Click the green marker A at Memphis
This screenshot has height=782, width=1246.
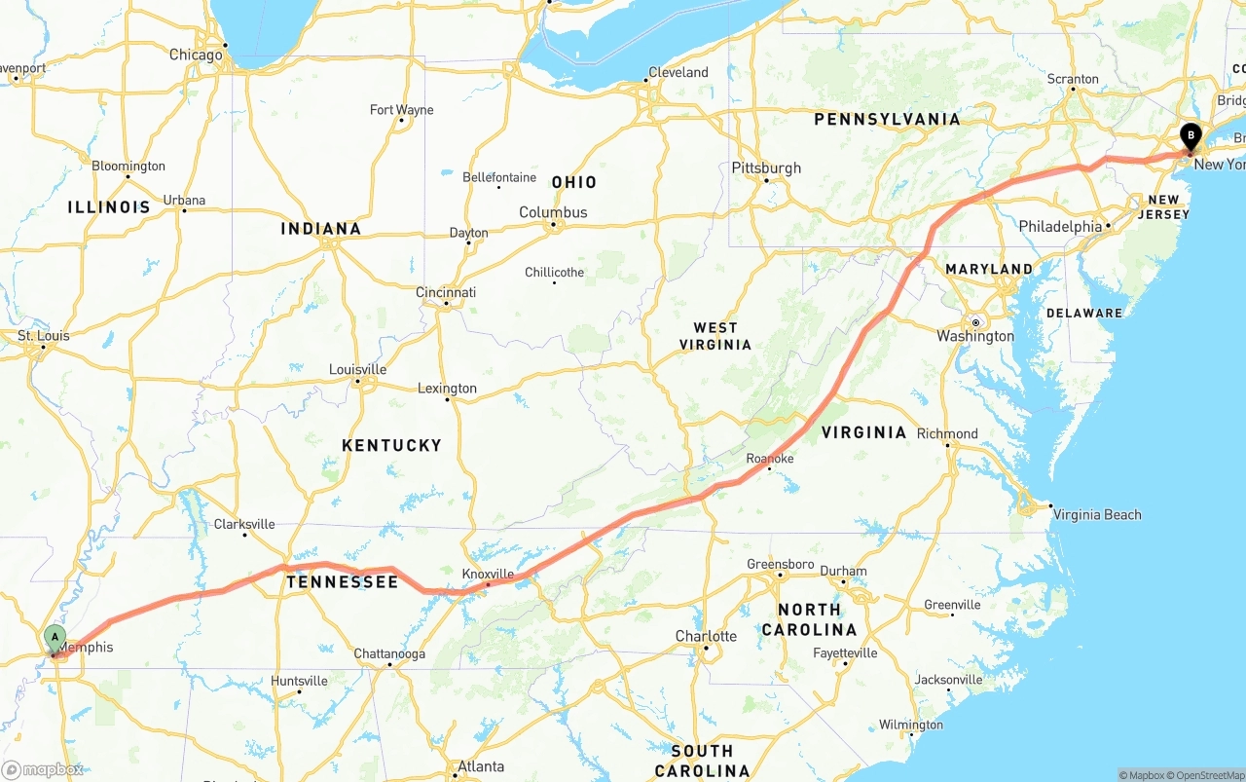click(x=55, y=639)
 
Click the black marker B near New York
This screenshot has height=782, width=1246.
click(x=1190, y=136)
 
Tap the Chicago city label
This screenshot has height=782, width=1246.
click(x=196, y=56)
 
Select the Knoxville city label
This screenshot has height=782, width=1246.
click(x=488, y=574)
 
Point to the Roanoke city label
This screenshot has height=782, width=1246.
click(x=770, y=459)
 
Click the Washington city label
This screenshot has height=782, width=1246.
click(x=975, y=336)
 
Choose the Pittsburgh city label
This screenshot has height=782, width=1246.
click(x=766, y=168)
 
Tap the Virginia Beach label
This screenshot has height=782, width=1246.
click(x=1097, y=514)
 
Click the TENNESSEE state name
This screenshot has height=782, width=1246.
click(x=342, y=582)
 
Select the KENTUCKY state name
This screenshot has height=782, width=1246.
click(x=391, y=445)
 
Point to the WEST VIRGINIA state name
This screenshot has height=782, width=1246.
click(x=715, y=336)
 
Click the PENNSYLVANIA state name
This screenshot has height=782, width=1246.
click(x=887, y=119)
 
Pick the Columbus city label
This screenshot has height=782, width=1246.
click(x=553, y=212)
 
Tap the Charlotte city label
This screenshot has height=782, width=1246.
click(x=706, y=636)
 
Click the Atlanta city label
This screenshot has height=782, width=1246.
click(x=481, y=766)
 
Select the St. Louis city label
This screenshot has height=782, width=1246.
click(x=44, y=336)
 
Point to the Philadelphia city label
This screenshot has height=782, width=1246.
click(x=1060, y=226)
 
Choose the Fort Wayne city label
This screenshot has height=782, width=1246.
click(x=401, y=110)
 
